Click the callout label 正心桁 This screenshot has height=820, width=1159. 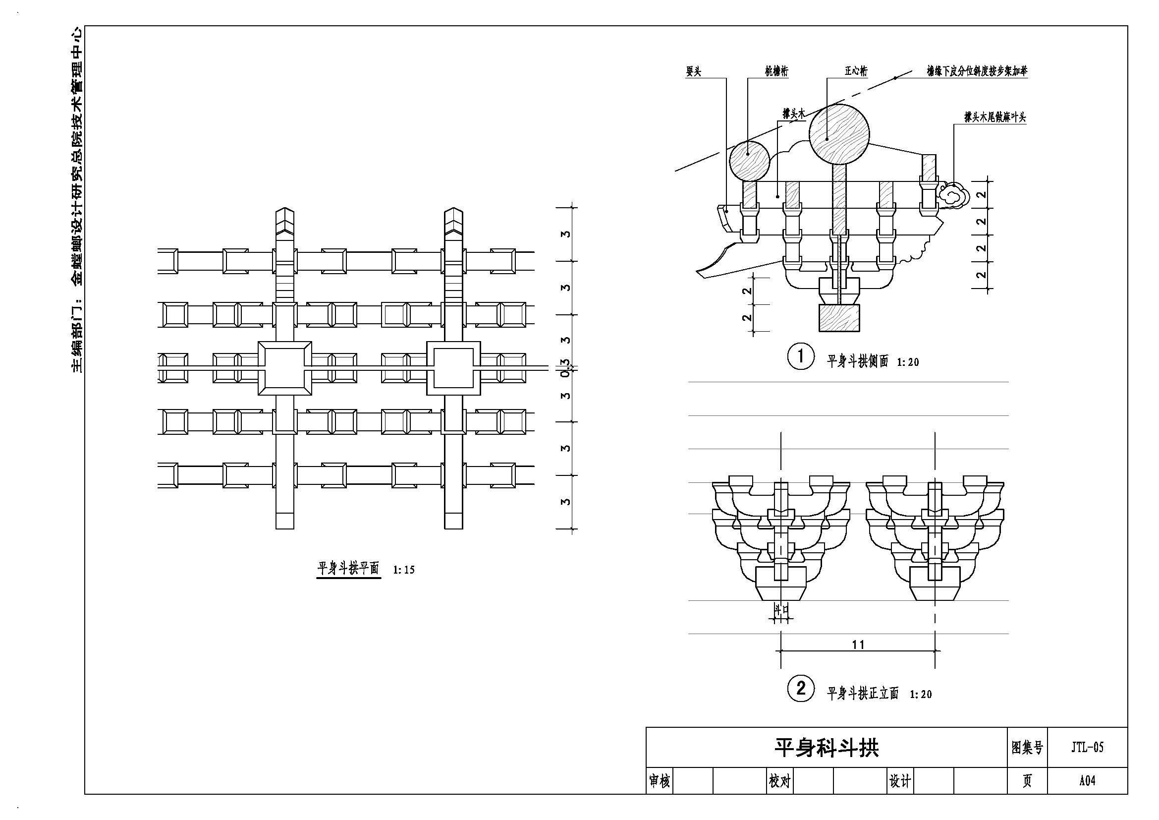point(856,71)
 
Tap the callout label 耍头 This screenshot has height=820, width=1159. point(694,72)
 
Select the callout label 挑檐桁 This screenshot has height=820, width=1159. point(776,72)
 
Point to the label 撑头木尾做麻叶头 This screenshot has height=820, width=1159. point(995,117)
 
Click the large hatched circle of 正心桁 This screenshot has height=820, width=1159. point(839,134)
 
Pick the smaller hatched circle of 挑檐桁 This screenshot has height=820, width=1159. point(749,161)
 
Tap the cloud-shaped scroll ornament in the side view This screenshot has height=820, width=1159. point(952,196)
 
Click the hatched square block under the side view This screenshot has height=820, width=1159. point(839,318)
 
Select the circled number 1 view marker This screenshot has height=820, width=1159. point(801,356)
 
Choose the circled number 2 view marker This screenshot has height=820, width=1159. point(801,688)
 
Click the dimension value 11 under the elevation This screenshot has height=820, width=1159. point(858,644)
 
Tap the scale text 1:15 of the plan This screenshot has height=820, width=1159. point(404,570)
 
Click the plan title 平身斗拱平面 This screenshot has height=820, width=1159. point(348,568)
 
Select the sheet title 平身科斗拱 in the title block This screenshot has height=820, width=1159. point(827,748)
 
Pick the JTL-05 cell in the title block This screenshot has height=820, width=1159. point(1087,747)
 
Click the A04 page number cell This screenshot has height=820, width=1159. point(1087,781)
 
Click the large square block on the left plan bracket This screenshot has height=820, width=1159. point(285,368)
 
